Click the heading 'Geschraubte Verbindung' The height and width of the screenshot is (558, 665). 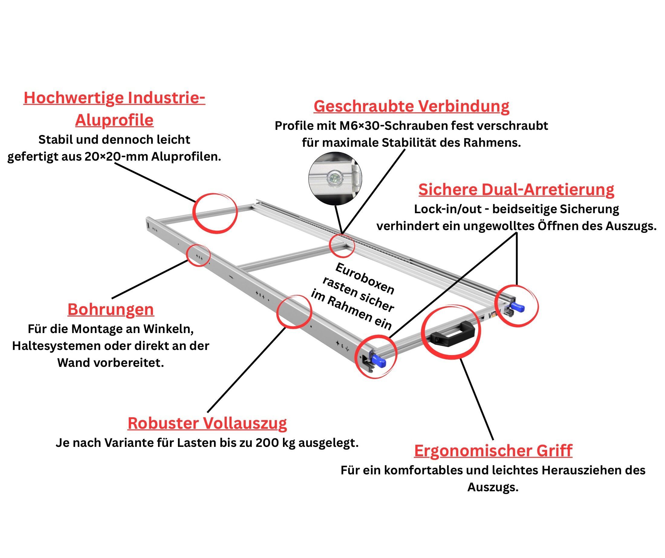[411, 106]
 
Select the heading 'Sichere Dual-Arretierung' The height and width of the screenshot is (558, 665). [516, 190]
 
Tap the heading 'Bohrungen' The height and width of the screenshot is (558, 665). [111, 309]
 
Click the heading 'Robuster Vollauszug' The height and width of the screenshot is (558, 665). [207, 423]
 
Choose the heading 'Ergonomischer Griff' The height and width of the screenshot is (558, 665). [493, 451]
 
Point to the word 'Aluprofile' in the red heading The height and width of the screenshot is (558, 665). [114, 120]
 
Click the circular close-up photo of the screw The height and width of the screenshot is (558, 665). [335, 178]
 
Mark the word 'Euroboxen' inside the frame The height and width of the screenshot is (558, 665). [365, 279]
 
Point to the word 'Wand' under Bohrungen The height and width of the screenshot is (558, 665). [71, 363]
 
